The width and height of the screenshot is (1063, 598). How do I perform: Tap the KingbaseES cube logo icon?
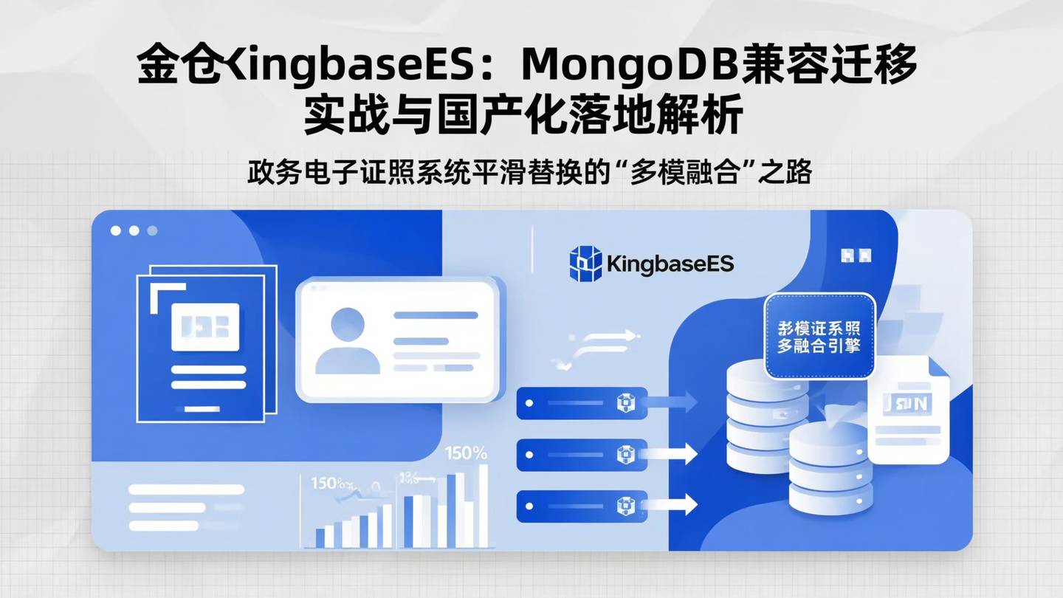585,264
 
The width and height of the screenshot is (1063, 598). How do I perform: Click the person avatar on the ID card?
348,340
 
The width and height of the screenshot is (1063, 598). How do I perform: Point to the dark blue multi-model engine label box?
819,337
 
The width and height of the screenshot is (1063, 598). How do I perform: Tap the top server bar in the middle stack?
582,403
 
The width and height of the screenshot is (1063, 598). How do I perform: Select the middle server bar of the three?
582,454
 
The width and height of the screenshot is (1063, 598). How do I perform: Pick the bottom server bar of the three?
582,506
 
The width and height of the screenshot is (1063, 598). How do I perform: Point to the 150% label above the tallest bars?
466,453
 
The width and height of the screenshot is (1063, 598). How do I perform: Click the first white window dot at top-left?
116,230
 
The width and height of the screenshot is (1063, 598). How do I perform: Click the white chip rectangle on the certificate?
205,327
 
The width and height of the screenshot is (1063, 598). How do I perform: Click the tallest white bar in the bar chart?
484,505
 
